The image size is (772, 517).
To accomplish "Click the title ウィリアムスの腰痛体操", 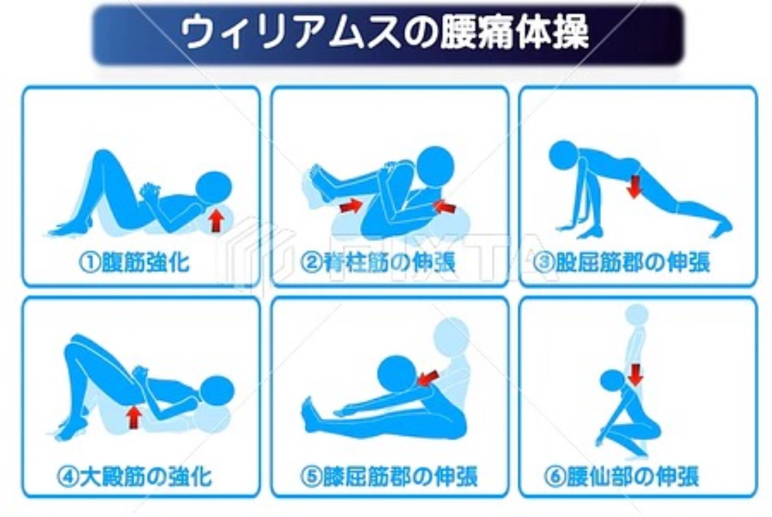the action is tap(384, 33).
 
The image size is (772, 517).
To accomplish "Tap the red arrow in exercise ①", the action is tap(215, 220).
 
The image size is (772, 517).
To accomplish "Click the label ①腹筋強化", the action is tap(134, 262).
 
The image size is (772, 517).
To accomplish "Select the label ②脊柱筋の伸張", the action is tap(378, 262).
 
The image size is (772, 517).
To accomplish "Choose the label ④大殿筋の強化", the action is tap(134, 476).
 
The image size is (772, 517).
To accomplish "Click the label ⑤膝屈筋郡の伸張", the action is tap(389, 476).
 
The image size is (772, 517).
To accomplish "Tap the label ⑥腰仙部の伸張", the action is tap(622, 476).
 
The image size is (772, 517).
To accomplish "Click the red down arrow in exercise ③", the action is tap(634, 187).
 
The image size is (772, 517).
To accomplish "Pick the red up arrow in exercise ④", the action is tap(134, 417).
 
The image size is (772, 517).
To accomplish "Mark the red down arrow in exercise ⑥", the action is tap(636, 375).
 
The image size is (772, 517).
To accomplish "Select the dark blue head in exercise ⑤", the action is tap(398, 375).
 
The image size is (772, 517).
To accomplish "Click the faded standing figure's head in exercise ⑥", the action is tap(637, 315).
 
